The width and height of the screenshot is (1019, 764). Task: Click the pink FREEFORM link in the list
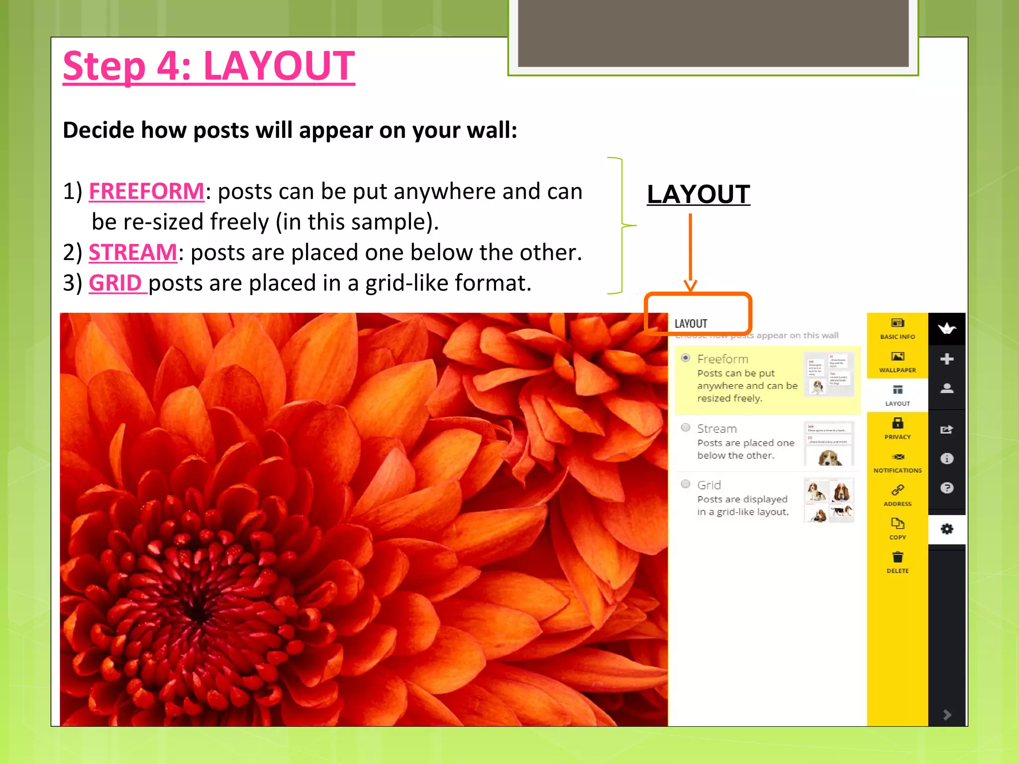pyautogui.click(x=146, y=191)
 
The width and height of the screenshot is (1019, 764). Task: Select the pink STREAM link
pyautogui.click(x=133, y=253)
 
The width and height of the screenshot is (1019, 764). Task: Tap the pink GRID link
pyautogui.click(x=115, y=283)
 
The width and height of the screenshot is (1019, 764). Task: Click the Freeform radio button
pyautogui.click(x=686, y=358)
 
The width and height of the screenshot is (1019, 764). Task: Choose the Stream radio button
pyautogui.click(x=686, y=428)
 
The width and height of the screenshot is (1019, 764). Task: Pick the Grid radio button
pyautogui.click(x=686, y=484)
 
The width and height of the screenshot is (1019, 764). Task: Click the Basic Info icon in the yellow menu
pyautogui.click(x=898, y=323)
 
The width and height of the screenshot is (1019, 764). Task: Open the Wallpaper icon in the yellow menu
pyautogui.click(x=898, y=357)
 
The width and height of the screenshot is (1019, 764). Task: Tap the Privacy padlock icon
pyautogui.click(x=898, y=423)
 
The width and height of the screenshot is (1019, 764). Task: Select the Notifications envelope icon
pyautogui.click(x=898, y=457)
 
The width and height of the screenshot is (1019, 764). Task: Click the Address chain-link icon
pyautogui.click(x=898, y=490)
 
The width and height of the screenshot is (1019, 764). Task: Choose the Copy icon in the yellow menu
pyautogui.click(x=898, y=524)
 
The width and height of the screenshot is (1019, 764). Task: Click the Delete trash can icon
pyautogui.click(x=898, y=557)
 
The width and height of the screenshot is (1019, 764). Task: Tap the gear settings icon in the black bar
pyautogui.click(x=947, y=529)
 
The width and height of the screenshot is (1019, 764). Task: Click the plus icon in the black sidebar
pyautogui.click(x=947, y=359)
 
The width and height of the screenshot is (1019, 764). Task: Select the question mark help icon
pyautogui.click(x=947, y=488)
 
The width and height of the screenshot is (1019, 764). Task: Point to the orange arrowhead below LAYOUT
pyautogui.click(x=690, y=285)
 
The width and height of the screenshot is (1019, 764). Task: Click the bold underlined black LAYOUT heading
pyautogui.click(x=698, y=194)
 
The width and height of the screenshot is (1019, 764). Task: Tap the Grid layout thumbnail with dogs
pyautogui.click(x=829, y=500)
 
